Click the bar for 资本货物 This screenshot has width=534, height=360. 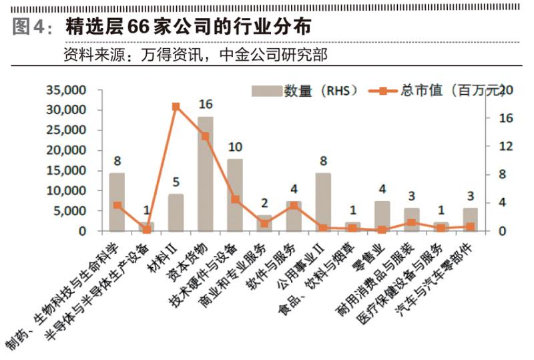point(206,174)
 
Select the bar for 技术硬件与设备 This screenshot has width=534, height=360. point(235,195)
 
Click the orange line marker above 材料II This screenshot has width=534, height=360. point(176,106)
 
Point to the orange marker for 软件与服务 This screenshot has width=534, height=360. point(294,206)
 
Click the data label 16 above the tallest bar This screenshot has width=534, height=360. point(206,104)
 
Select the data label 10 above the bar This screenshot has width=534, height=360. point(235,147)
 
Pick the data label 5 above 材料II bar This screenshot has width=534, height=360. point(176,182)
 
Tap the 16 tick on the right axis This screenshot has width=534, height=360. point(506,118)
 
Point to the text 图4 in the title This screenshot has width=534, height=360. point(28,27)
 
